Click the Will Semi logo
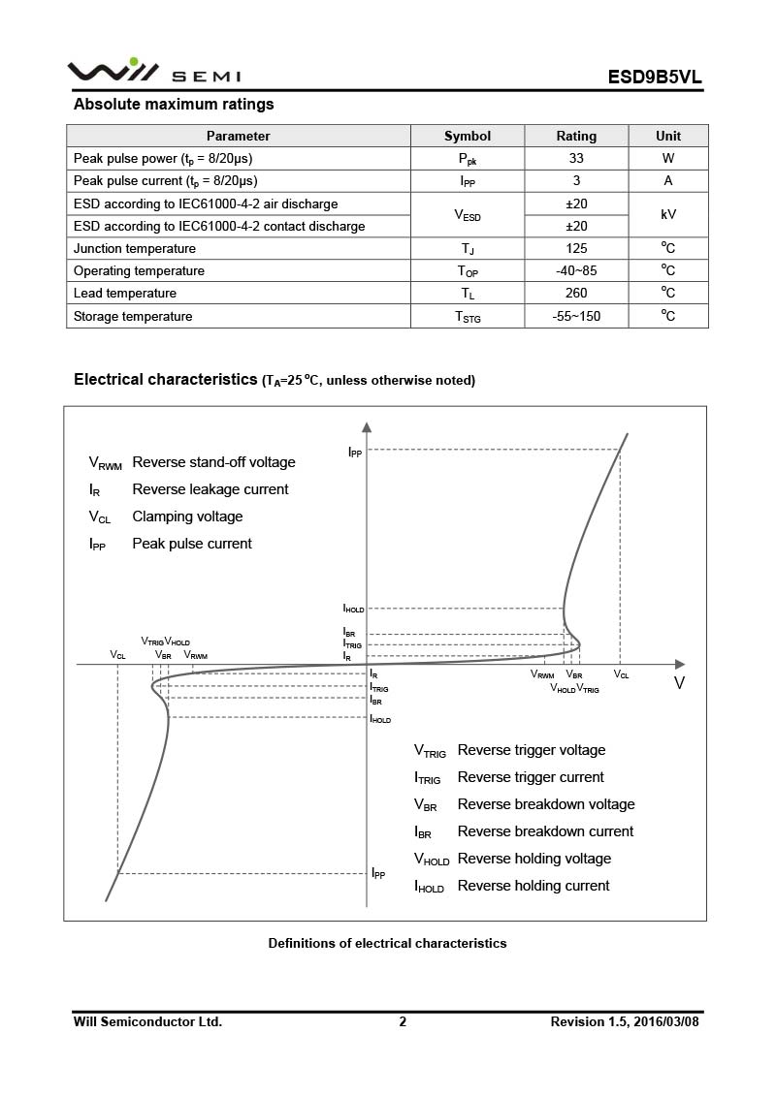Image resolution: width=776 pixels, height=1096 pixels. [153, 73]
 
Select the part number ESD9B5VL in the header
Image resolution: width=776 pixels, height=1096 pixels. [655, 77]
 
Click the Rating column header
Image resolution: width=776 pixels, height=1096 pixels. [576, 136]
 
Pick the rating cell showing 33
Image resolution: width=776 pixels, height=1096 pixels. [576, 158]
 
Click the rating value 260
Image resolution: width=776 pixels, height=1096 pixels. [576, 293]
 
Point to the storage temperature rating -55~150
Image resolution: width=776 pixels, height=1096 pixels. [576, 316]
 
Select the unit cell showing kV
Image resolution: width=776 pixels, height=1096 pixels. [668, 214]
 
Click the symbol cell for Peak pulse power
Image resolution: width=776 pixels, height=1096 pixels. [468, 159]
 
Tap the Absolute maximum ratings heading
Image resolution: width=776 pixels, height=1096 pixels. [174, 105]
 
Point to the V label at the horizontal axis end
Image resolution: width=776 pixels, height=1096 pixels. [679, 683]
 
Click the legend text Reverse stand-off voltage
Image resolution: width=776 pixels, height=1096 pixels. [213, 462]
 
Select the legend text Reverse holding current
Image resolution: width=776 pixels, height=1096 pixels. [533, 886]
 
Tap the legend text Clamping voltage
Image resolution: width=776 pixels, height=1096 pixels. [187, 517]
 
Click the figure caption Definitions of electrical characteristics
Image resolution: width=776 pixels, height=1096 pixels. [387, 943]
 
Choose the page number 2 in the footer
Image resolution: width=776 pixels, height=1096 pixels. [403, 1021]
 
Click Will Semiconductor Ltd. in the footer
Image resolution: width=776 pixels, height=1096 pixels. [147, 1021]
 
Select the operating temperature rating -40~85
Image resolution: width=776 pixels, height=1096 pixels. [576, 270]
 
